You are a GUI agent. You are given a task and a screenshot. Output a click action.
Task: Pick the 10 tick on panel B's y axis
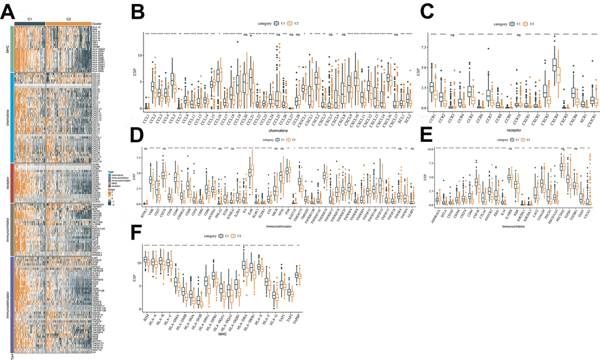click(139, 55)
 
